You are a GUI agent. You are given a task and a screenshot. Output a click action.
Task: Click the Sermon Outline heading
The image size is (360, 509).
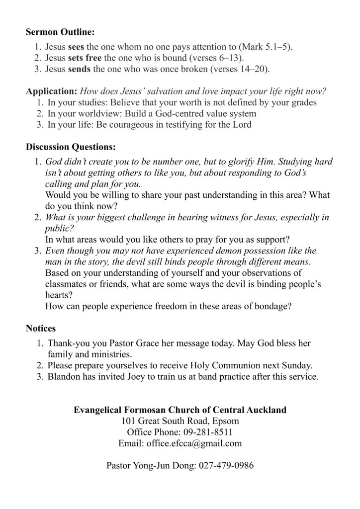point(60,32)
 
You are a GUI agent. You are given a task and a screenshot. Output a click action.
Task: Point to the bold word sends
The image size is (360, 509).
point(79,69)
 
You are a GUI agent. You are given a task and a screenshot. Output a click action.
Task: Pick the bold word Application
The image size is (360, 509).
point(51,91)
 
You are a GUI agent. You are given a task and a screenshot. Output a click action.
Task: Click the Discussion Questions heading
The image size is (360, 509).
point(71,147)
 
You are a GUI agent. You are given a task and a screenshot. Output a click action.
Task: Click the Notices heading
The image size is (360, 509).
point(41,329)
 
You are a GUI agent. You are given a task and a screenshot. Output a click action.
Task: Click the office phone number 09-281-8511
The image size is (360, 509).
point(205,432)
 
